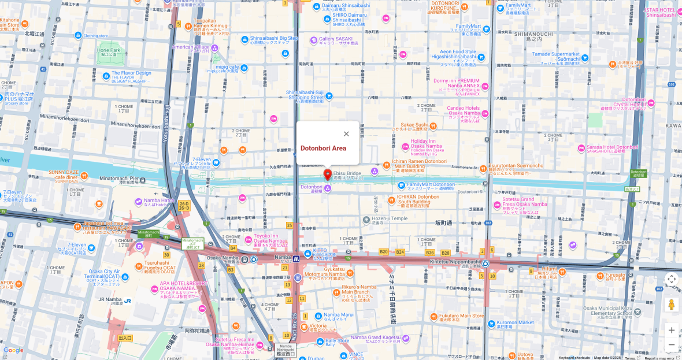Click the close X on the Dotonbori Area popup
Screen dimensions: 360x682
(x=346, y=134)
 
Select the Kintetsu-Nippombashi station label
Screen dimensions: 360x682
(x=455, y=262)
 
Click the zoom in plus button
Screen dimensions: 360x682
(x=671, y=330)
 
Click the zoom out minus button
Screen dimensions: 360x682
(x=671, y=345)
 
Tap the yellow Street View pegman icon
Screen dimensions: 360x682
(x=671, y=304)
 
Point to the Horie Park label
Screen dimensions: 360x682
(x=109, y=50)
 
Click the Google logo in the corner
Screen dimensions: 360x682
(x=13, y=350)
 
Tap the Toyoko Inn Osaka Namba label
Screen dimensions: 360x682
(x=270, y=238)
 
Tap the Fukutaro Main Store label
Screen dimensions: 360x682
(x=457, y=316)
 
